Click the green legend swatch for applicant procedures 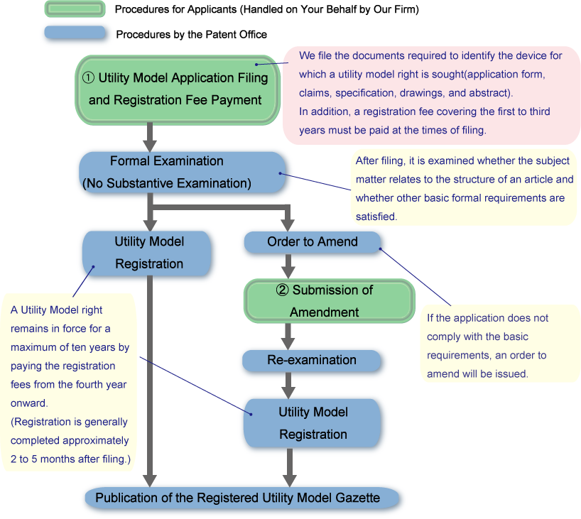75,9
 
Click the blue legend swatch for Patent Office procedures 75,33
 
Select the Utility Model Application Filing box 175,89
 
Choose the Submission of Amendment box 329,300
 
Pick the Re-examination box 312,360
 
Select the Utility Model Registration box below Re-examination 313,423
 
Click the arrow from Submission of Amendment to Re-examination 288,335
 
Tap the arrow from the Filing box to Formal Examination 151,137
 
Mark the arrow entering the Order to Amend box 288,219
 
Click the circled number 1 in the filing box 89,78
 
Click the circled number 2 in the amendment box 283,290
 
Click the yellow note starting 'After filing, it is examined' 465,188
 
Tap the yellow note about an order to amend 500,345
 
